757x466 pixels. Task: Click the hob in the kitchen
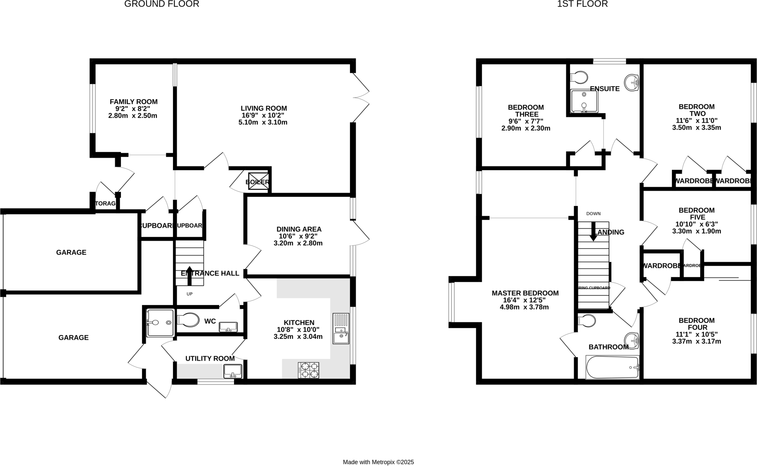308,370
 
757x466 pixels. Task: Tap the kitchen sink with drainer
341,328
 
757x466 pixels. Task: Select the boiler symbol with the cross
258,181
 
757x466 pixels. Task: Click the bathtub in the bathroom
612,367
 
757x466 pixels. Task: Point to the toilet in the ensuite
579,78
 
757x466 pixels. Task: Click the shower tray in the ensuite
584,101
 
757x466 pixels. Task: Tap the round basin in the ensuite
632,82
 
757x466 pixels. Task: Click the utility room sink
232,371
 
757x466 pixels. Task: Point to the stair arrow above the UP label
190,275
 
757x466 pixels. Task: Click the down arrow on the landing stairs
593,232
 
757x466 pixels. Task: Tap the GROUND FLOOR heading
162,4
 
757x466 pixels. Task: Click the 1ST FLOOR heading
582,4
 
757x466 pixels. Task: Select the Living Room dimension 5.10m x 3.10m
263,122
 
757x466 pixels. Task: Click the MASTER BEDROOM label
525,293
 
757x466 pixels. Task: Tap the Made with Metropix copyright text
378,462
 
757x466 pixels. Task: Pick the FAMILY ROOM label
133,102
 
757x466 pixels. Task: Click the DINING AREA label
299,229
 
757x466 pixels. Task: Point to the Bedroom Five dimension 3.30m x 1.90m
696,232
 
